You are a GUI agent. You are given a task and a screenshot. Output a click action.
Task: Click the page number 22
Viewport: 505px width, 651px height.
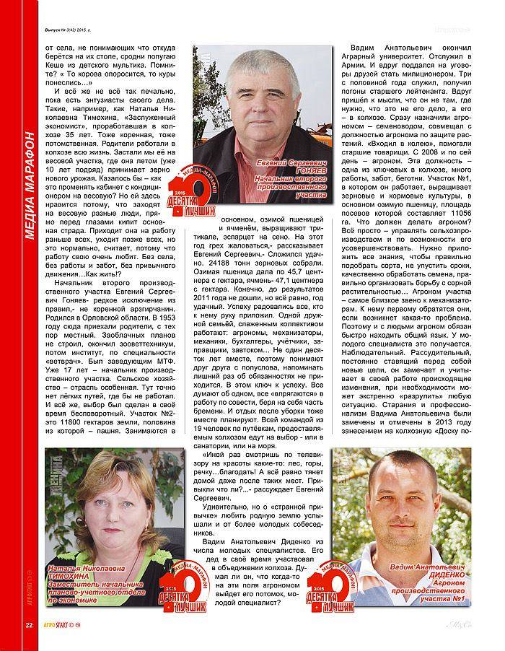[x=28, y=624]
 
